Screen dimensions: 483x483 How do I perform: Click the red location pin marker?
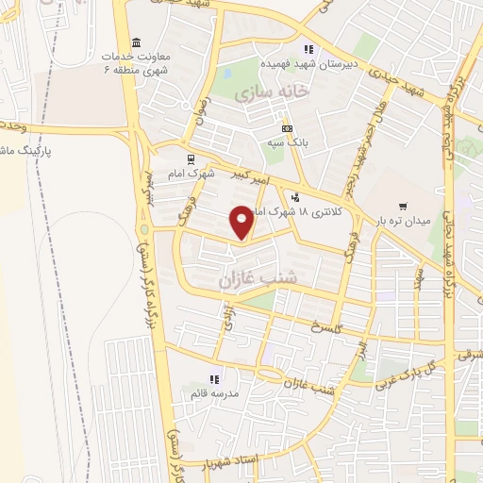242,222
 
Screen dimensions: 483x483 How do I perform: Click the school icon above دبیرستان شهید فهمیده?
307,49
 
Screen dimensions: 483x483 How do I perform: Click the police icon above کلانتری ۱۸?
296,197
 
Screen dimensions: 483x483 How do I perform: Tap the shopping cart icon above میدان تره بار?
403,206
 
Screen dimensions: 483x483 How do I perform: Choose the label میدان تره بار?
403,221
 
